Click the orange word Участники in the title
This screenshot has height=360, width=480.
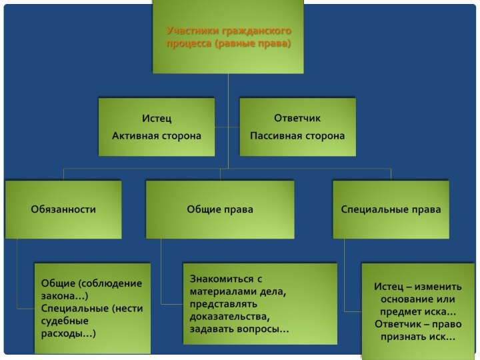(193, 31)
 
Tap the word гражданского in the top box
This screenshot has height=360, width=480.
(257, 31)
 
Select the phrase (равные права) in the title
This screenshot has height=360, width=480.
(253, 43)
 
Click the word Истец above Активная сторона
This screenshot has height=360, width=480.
(157, 118)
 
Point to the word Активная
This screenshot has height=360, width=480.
(135, 135)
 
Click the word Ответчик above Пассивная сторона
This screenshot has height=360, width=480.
(297, 118)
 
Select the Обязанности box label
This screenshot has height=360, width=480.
(63, 209)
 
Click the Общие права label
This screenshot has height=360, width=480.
(220, 209)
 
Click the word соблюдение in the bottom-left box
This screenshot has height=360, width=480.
(110, 283)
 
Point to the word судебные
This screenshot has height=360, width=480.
(65, 321)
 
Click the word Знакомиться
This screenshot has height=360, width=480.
(221, 279)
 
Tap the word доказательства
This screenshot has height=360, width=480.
(230, 317)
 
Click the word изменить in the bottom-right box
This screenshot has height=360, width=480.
(438, 287)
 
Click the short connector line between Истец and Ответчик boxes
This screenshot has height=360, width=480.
(227, 127)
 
